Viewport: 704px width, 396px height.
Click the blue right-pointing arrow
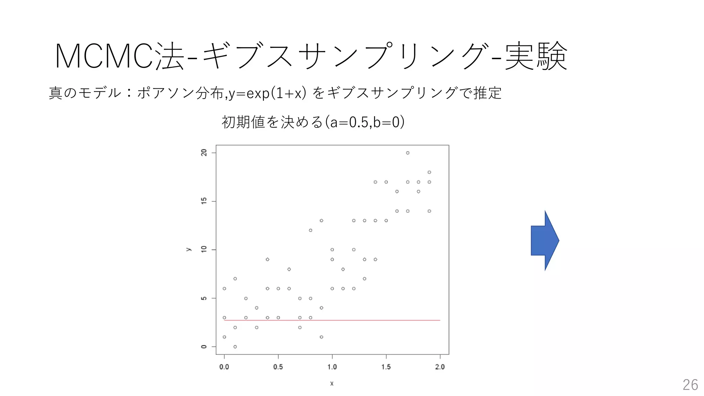(x=544, y=241)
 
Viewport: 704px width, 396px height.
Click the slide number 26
(x=690, y=385)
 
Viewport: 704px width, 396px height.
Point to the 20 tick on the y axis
(x=204, y=153)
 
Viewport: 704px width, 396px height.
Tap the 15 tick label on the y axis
(x=204, y=201)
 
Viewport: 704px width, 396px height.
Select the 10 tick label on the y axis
(x=204, y=250)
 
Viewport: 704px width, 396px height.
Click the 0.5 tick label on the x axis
(x=278, y=367)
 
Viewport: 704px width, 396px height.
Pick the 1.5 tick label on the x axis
(x=386, y=367)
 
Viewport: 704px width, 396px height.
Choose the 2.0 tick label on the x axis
(x=440, y=367)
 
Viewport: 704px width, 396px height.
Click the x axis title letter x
(x=332, y=383)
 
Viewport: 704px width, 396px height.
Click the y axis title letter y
(x=188, y=249)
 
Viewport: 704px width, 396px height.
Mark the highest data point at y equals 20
(x=408, y=153)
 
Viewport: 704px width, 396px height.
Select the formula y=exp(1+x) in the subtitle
(x=267, y=93)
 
